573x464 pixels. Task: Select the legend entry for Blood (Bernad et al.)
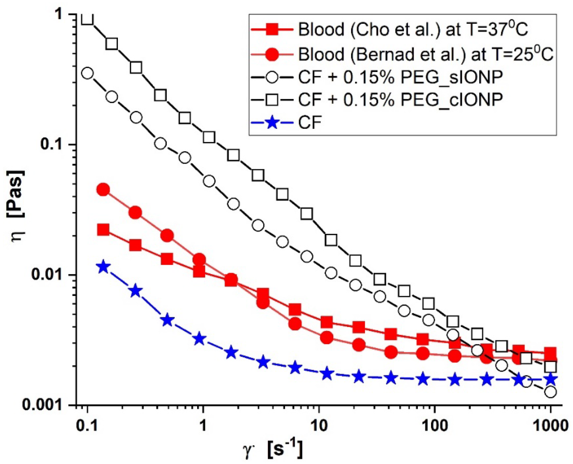point(425,54)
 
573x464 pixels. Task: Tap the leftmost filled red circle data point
point(103,190)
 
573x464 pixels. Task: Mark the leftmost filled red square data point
point(103,230)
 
